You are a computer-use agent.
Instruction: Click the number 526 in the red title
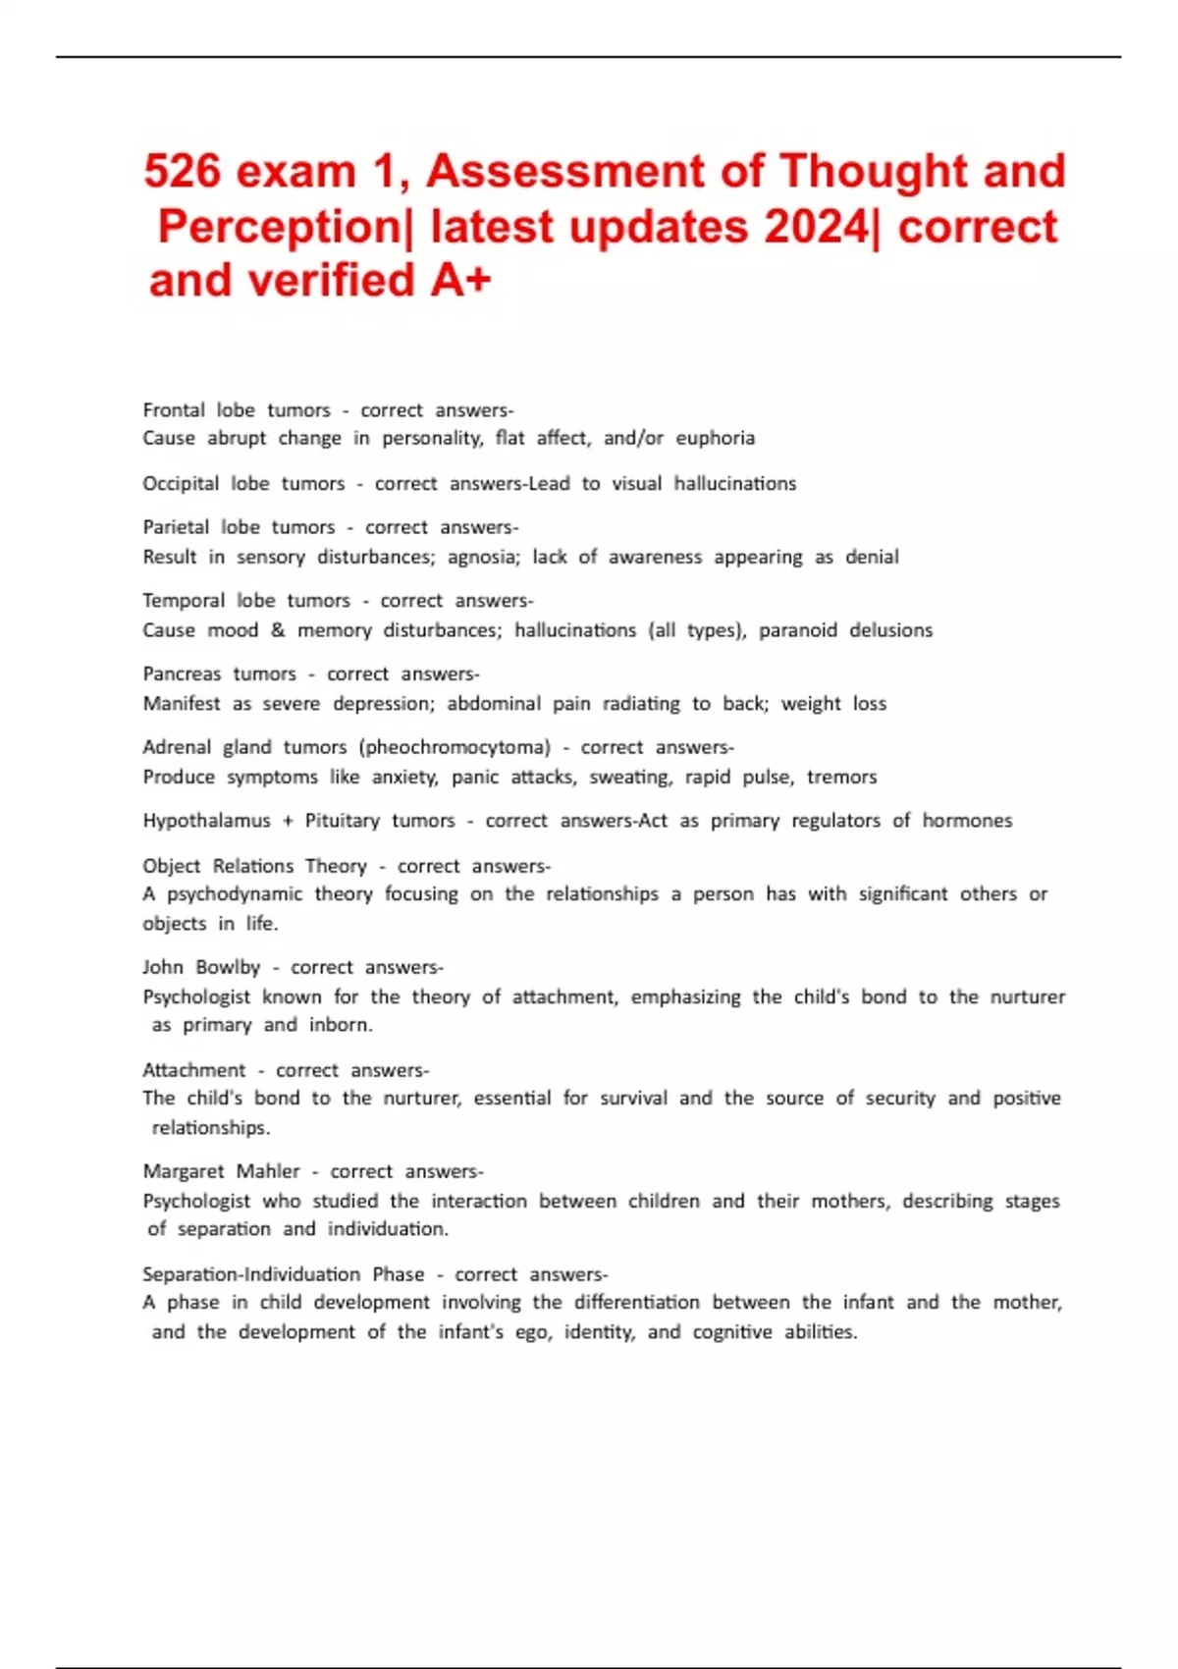(183, 172)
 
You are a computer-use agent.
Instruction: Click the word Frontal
(174, 410)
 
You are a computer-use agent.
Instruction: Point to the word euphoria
(715, 438)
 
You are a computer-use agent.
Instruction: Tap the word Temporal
(184, 601)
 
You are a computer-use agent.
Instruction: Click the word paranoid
(797, 630)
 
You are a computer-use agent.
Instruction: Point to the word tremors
(841, 777)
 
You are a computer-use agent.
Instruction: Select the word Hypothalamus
(206, 821)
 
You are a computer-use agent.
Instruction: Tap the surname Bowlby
(228, 968)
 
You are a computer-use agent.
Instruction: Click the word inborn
(341, 1025)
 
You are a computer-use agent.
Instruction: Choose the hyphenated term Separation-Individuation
(251, 1274)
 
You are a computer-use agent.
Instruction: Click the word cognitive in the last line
(732, 1332)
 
